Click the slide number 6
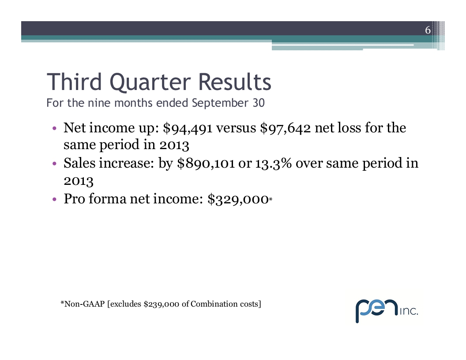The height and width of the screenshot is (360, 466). tap(428, 30)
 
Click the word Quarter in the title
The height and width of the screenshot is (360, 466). tap(150, 82)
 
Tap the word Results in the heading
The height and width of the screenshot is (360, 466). tap(234, 82)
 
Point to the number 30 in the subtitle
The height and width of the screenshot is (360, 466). tap(259, 103)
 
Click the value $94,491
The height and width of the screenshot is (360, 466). tap(188, 128)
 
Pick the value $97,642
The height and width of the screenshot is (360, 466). tap(286, 128)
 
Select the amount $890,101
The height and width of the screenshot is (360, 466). tap(206, 163)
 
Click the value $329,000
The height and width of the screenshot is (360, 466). tap(238, 199)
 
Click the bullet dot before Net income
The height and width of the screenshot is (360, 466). tap(54, 129)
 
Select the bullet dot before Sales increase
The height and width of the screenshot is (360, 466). tap(54, 164)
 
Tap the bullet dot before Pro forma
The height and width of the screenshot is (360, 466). tap(54, 199)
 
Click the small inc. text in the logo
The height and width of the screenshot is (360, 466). tap(409, 311)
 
